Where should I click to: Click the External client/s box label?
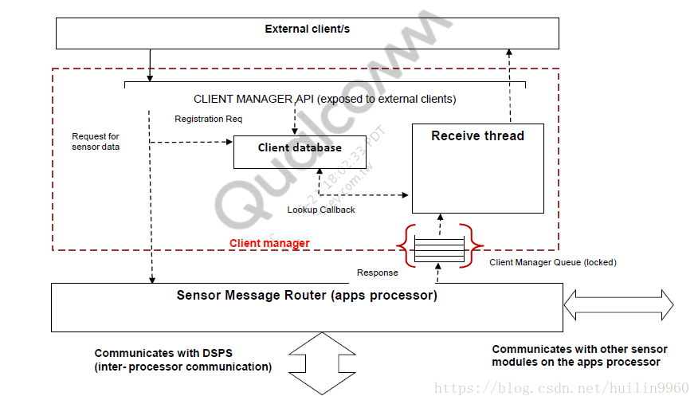coord(307,29)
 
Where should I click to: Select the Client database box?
coord(300,148)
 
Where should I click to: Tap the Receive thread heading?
coord(477,136)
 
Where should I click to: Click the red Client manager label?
coord(269,243)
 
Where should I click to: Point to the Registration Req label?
coord(208,119)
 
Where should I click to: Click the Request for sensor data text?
coord(96,142)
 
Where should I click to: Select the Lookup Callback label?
coord(321,210)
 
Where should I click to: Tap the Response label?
coord(377,273)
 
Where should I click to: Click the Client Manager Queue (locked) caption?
coord(552,262)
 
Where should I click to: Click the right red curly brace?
coord(474,245)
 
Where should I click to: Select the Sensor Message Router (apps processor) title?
coord(307,296)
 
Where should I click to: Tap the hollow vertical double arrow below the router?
coord(322,363)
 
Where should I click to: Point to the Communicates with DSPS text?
coord(182,360)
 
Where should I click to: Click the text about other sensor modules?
coord(579,355)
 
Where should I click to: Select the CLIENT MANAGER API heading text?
coord(324,100)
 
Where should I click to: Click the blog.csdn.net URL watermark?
coord(562,388)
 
